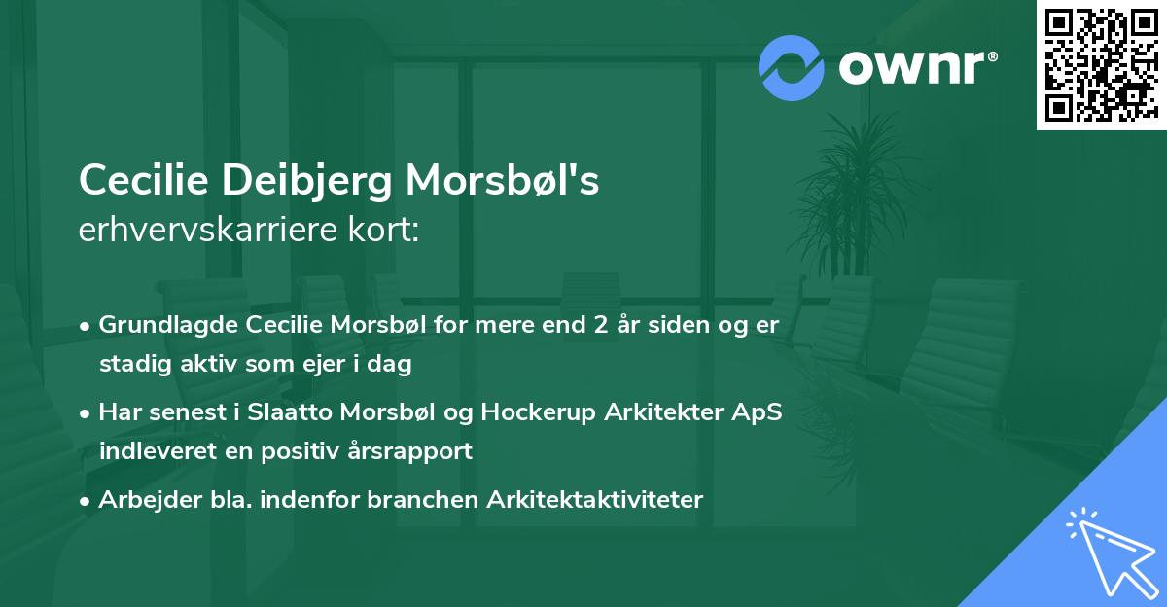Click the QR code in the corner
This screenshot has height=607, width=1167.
(1101, 65)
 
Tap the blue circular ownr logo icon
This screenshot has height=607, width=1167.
(791, 67)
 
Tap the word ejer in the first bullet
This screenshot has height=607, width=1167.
(336, 365)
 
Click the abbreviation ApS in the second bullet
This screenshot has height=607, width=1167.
(757, 412)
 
